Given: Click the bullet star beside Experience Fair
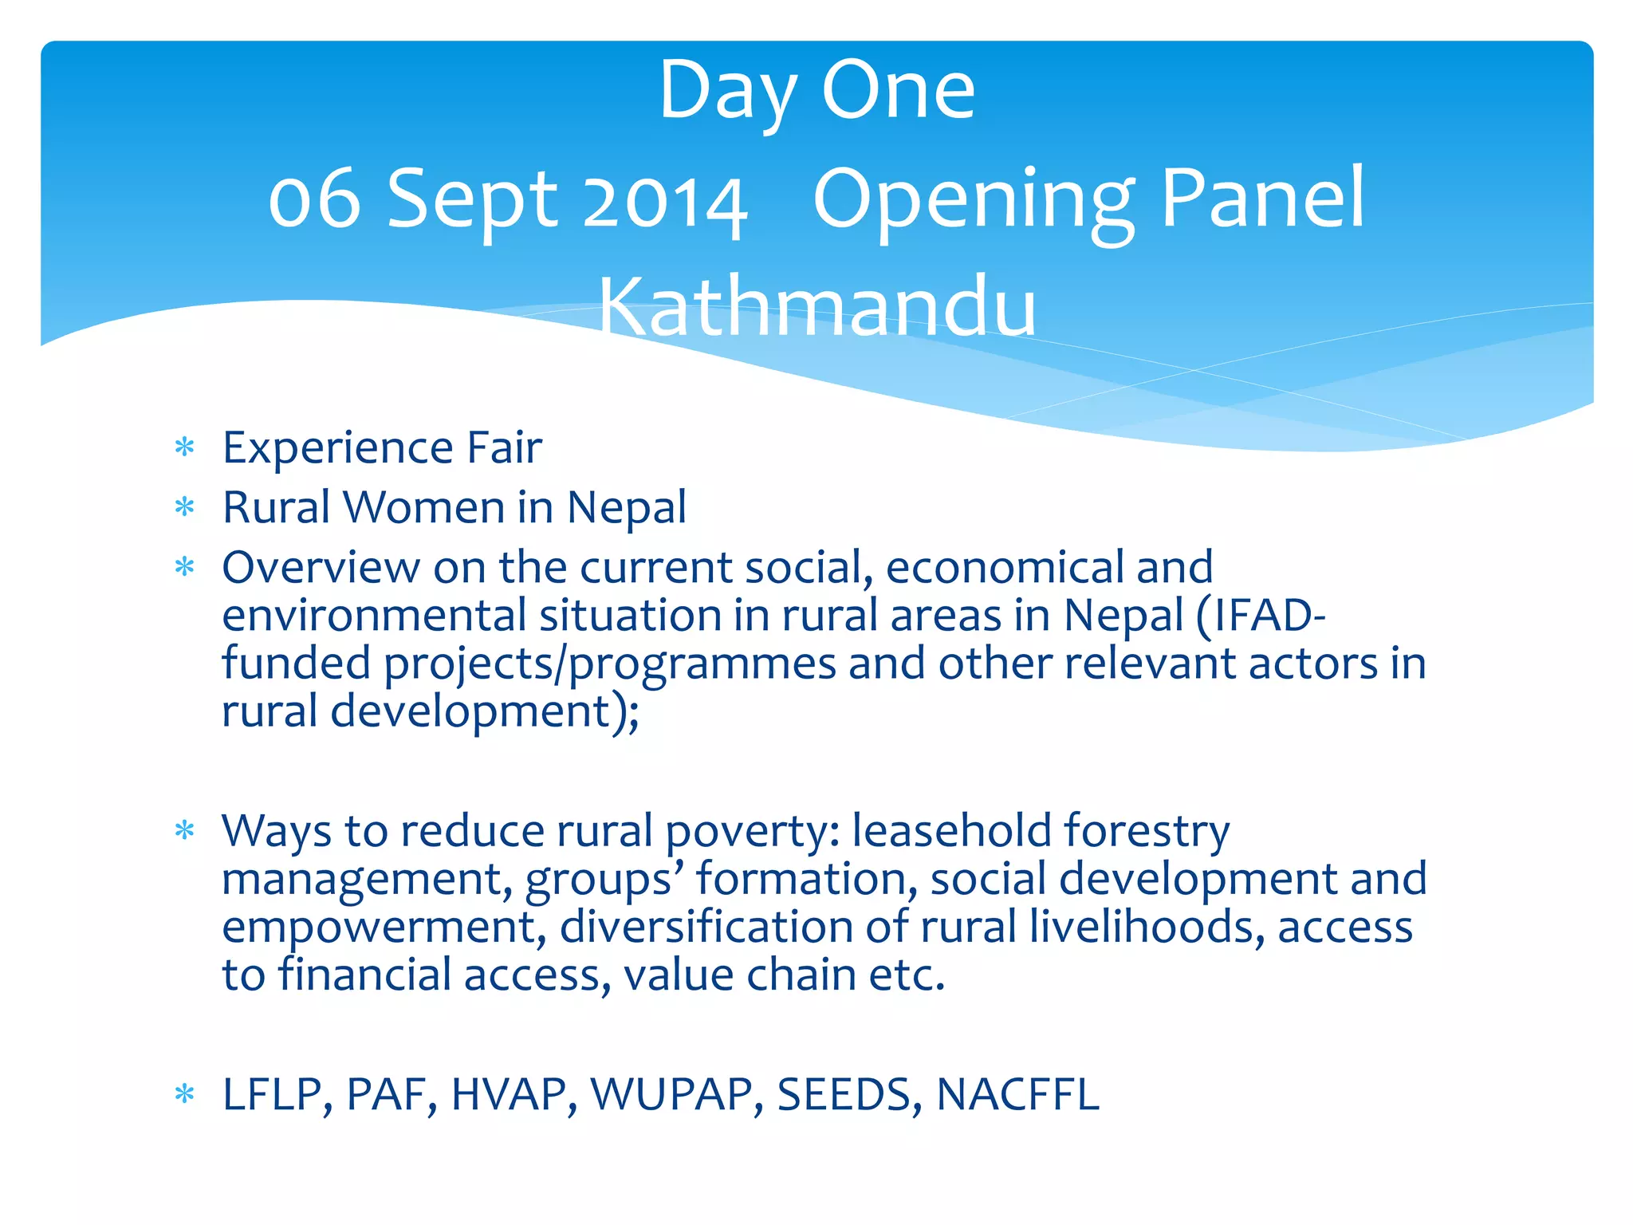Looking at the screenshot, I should (185, 447).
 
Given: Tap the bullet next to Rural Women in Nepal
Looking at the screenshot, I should (185, 507).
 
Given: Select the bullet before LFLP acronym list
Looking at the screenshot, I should (185, 1094).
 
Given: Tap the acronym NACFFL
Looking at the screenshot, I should (1018, 1094).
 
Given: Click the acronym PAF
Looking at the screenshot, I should (391, 1094).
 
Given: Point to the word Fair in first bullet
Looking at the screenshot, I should (504, 447).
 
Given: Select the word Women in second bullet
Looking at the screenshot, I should (426, 507).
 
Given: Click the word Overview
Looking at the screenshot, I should (321, 568).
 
